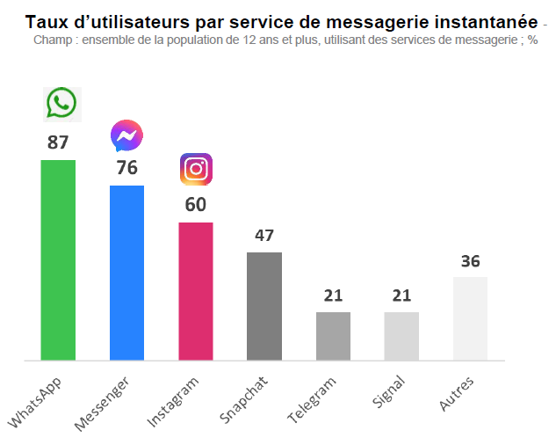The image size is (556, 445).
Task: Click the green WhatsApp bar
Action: tap(58, 259)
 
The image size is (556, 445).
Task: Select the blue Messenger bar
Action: tap(126, 273)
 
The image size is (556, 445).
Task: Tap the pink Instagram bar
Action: tap(196, 291)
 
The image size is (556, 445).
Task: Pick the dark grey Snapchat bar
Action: tap(264, 306)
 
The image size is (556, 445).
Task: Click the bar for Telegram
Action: tap(333, 336)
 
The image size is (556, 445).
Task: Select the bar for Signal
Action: tap(401, 336)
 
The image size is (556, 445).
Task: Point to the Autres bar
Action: tap(470, 318)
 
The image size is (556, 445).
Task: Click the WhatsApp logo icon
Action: tap(61, 104)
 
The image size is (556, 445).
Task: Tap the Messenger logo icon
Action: tap(126, 136)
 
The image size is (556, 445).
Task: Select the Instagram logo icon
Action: tap(196, 169)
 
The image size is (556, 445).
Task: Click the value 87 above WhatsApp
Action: tap(58, 142)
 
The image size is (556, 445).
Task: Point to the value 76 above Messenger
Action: tap(126, 168)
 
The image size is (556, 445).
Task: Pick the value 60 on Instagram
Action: tap(196, 205)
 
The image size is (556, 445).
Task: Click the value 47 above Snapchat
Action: tap(264, 236)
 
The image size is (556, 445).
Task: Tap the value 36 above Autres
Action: tap(470, 261)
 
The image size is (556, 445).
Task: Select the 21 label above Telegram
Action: tap(333, 295)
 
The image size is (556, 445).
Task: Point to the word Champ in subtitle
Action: tap(52, 40)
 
